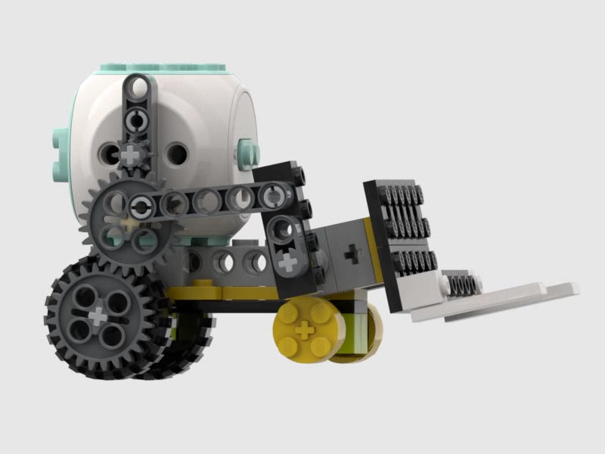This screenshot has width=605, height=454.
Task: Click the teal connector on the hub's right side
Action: [x=248, y=152]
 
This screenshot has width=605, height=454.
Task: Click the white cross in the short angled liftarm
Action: [x=288, y=263]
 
